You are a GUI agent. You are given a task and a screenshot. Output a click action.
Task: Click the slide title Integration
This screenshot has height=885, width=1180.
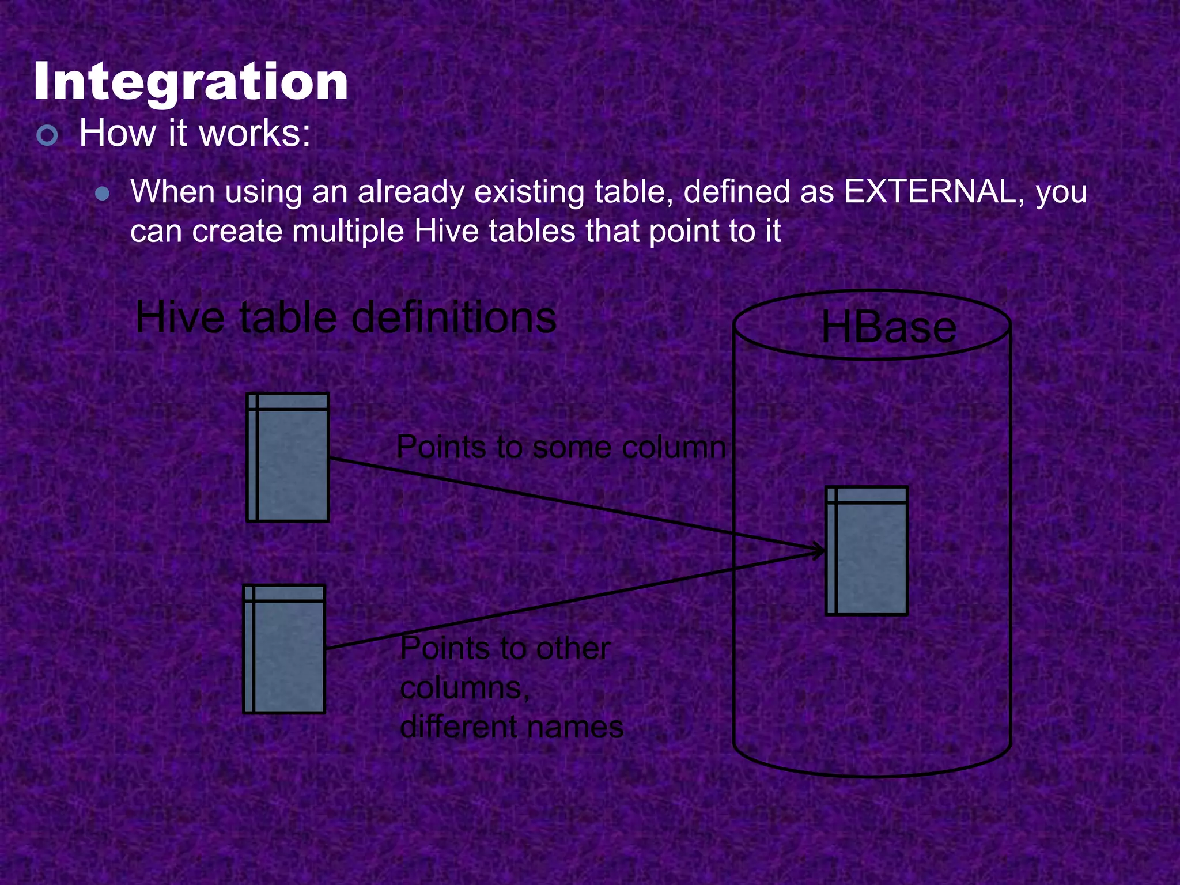pyautogui.click(x=191, y=82)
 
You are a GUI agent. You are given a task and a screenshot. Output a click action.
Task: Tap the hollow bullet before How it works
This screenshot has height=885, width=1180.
pyautogui.click(x=47, y=135)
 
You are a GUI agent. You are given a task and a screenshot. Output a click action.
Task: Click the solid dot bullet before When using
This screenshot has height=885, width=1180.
pyautogui.click(x=103, y=194)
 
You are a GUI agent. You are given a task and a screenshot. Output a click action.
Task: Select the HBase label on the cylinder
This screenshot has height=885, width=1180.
pyautogui.click(x=888, y=327)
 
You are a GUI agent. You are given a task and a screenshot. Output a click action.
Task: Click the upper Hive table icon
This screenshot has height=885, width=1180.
pyautogui.click(x=288, y=457)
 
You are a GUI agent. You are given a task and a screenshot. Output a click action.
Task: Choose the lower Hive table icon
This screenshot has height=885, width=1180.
pyautogui.click(x=285, y=649)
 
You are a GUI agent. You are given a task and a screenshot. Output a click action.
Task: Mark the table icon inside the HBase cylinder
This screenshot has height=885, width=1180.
pyautogui.click(x=867, y=551)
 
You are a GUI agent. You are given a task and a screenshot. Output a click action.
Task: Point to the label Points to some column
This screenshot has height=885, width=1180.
pyautogui.click(x=561, y=447)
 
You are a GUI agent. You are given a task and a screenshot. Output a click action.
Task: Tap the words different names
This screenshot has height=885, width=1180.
pyautogui.click(x=512, y=727)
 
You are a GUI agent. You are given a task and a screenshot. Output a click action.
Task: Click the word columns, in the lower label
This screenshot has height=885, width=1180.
pyautogui.click(x=464, y=688)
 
